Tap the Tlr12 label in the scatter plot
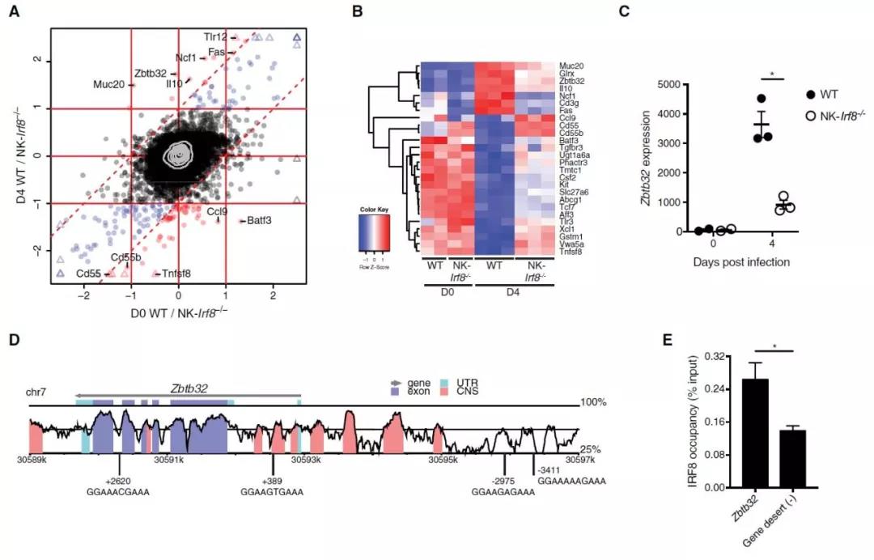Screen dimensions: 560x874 [216, 36]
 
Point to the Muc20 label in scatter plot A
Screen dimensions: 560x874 [108, 83]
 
